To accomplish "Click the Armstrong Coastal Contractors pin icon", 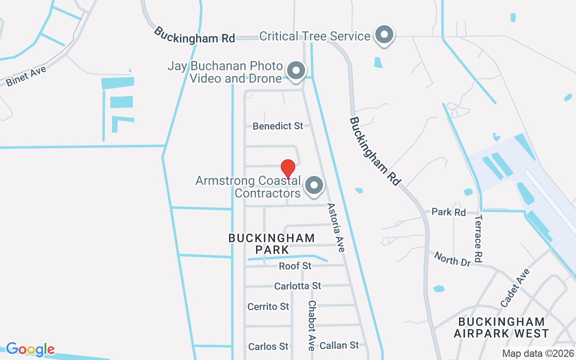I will point(314,185).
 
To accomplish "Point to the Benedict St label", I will point(278,126).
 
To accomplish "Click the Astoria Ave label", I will point(336,228).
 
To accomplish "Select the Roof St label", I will point(295,266).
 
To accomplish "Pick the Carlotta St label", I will point(297,286).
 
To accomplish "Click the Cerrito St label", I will point(268,306).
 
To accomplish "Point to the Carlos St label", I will point(268,346).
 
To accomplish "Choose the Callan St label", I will point(339,345).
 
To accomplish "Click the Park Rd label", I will point(448,211).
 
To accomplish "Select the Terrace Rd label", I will point(478,238).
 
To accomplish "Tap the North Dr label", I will point(452,258).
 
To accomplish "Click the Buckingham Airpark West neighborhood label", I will point(501,328).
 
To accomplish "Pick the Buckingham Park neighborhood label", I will point(271,243).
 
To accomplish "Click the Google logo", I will point(30,349).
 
